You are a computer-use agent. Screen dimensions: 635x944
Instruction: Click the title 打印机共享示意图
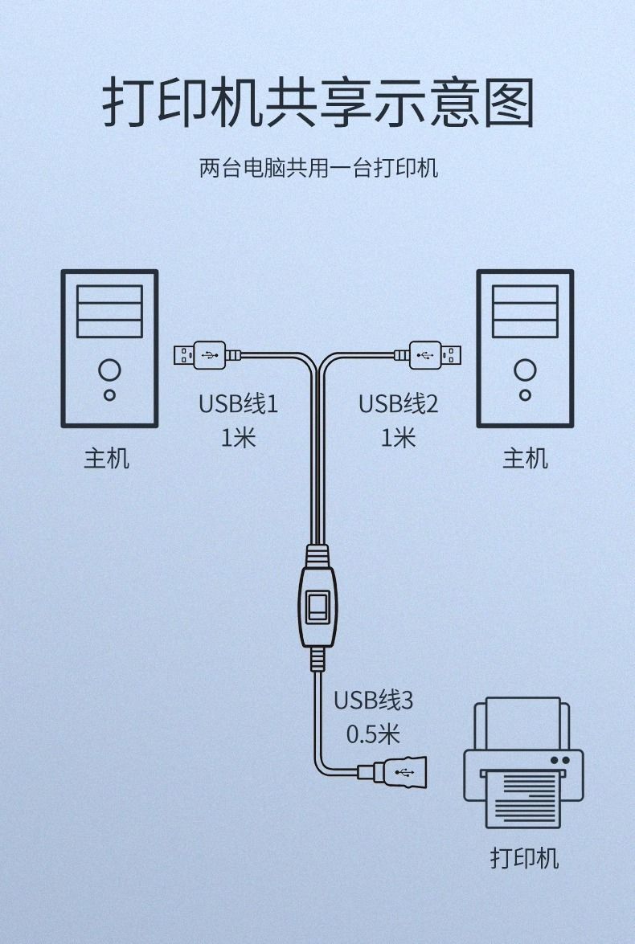pyautogui.click(x=318, y=102)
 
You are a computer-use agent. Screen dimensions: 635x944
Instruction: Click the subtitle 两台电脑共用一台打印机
pyautogui.click(x=318, y=168)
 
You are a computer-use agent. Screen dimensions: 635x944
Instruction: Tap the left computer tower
pyautogui.click(x=109, y=348)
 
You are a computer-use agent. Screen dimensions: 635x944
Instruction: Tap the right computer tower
pyautogui.click(x=525, y=348)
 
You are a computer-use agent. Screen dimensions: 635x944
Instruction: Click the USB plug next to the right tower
pyautogui.click(x=434, y=353)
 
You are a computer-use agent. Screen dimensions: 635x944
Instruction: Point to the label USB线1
pyautogui.click(x=238, y=403)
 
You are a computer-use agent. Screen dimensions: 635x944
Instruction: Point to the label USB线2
pyautogui.click(x=398, y=403)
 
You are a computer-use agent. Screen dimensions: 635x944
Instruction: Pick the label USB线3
pyautogui.click(x=373, y=701)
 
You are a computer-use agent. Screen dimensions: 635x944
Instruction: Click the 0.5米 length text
pyautogui.click(x=373, y=734)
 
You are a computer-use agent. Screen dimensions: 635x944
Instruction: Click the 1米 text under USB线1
pyautogui.click(x=238, y=438)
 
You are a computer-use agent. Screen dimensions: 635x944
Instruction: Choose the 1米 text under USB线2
pyautogui.click(x=398, y=438)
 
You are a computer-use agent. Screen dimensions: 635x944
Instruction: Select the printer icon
pyautogui.click(x=523, y=763)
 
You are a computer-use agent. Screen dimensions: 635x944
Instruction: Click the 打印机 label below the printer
pyautogui.click(x=524, y=857)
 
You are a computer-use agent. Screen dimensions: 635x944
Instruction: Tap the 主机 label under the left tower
pyautogui.click(x=107, y=459)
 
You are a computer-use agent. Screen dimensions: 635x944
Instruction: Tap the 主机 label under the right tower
pyautogui.click(x=525, y=459)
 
